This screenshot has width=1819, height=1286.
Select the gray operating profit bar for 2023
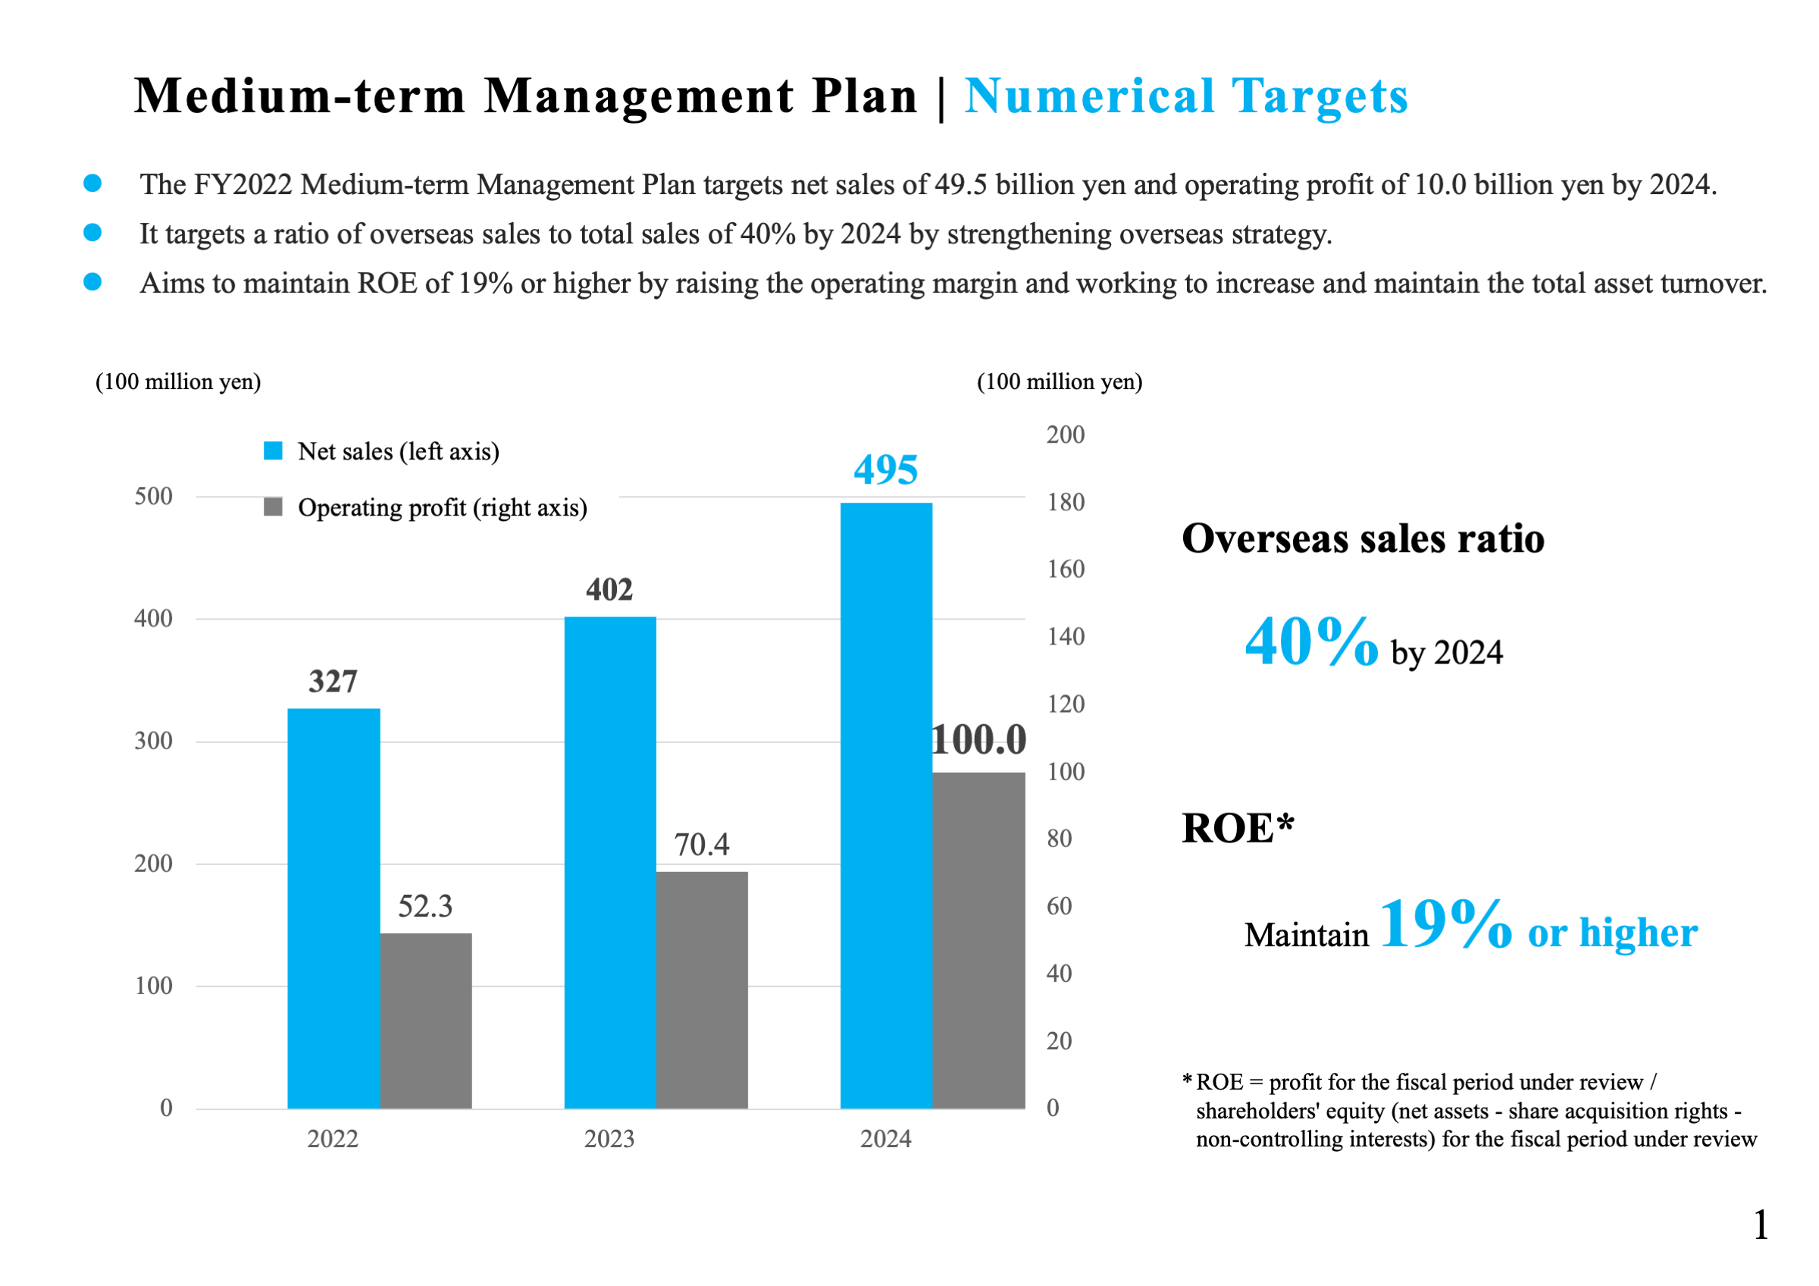point(702,990)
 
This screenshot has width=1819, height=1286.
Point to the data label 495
point(886,470)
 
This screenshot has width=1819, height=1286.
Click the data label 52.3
point(425,905)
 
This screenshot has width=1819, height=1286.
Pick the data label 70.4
point(702,845)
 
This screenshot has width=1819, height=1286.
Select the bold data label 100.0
point(979,740)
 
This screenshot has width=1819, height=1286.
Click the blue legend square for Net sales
point(274,451)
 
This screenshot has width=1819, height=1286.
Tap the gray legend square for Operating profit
point(274,507)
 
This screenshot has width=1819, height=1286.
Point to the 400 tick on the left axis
point(154,619)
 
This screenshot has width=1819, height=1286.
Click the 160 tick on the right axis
point(1066,569)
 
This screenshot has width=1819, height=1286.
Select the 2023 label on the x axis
point(609,1139)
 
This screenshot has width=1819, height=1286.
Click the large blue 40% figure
point(1311,641)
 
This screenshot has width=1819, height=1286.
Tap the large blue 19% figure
point(1446,924)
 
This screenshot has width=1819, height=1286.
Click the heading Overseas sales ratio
point(1363,539)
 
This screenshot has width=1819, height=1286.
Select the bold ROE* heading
point(1238,829)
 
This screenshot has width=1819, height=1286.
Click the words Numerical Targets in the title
point(1186,96)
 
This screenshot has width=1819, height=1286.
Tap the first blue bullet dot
point(92,183)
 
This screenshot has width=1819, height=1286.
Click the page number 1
point(1761,1225)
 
